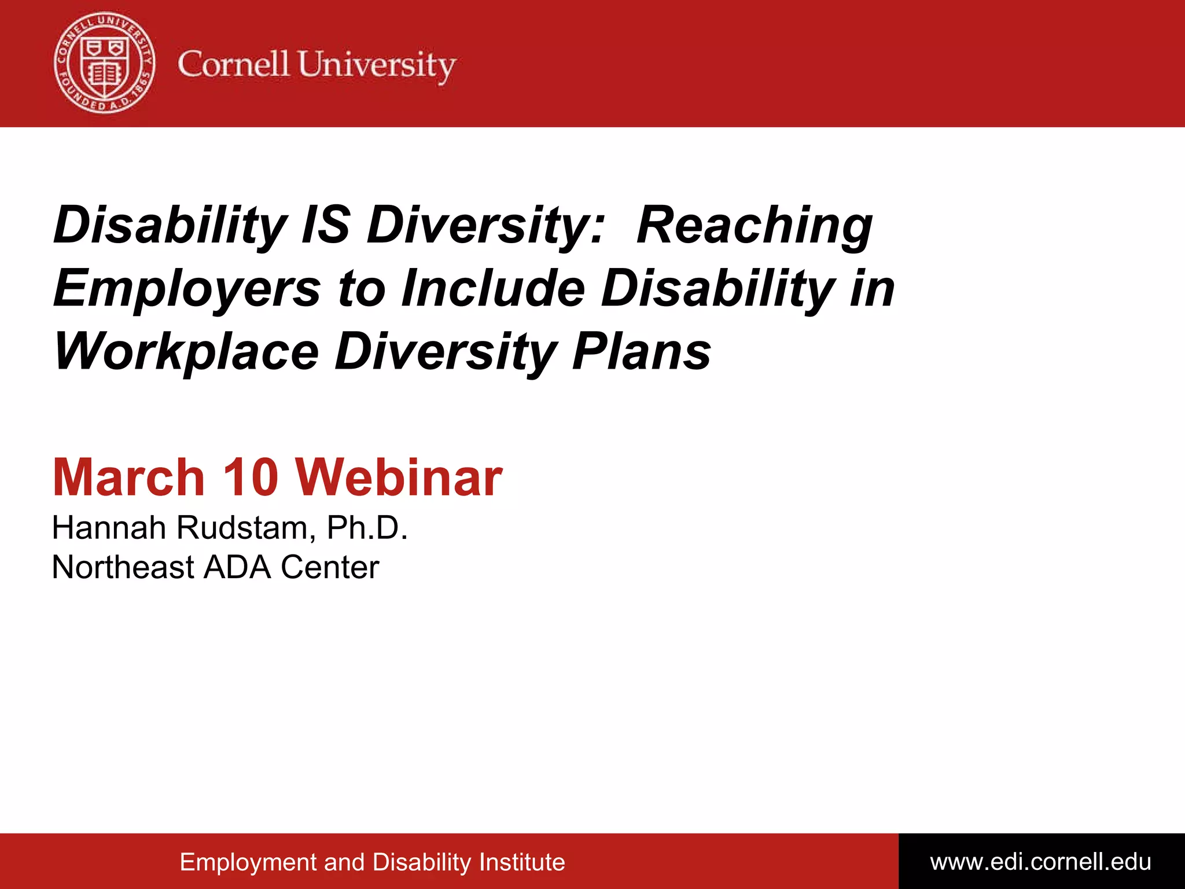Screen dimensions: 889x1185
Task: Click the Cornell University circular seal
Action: [x=105, y=63]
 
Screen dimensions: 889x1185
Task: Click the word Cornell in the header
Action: [x=233, y=64]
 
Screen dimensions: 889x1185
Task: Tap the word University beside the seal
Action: [x=377, y=65]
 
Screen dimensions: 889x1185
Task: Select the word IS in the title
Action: [x=326, y=225]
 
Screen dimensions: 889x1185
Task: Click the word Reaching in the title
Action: [x=754, y=226]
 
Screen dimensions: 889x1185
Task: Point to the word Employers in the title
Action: [x=187, y=288]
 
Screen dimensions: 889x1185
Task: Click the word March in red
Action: [x=128, y=477]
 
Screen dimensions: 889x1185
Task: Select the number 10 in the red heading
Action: [x=251, y=477]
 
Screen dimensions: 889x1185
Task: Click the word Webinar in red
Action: [x=399, y=477]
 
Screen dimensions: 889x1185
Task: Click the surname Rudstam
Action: [x=246, y=528]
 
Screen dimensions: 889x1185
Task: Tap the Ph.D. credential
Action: [x=367, y=528]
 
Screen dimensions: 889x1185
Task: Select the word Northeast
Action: [x=123, y=567]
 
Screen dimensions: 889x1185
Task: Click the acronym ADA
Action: [x=237, y=567]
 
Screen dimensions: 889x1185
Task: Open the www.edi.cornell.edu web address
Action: [x=1040, y=862]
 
